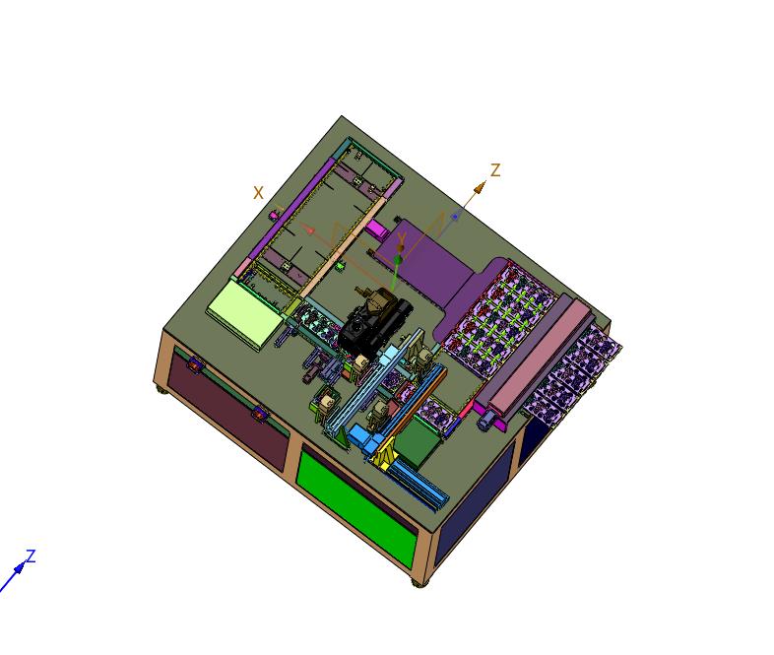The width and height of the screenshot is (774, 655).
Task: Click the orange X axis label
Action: click(x=259, y=193)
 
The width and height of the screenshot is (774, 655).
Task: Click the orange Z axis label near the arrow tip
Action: click(x=495, y=170)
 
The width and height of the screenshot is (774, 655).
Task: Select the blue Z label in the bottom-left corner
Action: click(x=31, y=557)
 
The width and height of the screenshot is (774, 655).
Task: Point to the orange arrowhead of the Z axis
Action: click(x=481, y=185)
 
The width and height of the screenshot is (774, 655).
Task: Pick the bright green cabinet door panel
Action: click(x=355, y=503)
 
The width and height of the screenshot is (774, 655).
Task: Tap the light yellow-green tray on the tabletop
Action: click(x=245, y=309)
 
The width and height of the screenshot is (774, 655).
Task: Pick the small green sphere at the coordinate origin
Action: click(x=398, y=260)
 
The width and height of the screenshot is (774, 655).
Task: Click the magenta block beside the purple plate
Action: click(x=377, y=229)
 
